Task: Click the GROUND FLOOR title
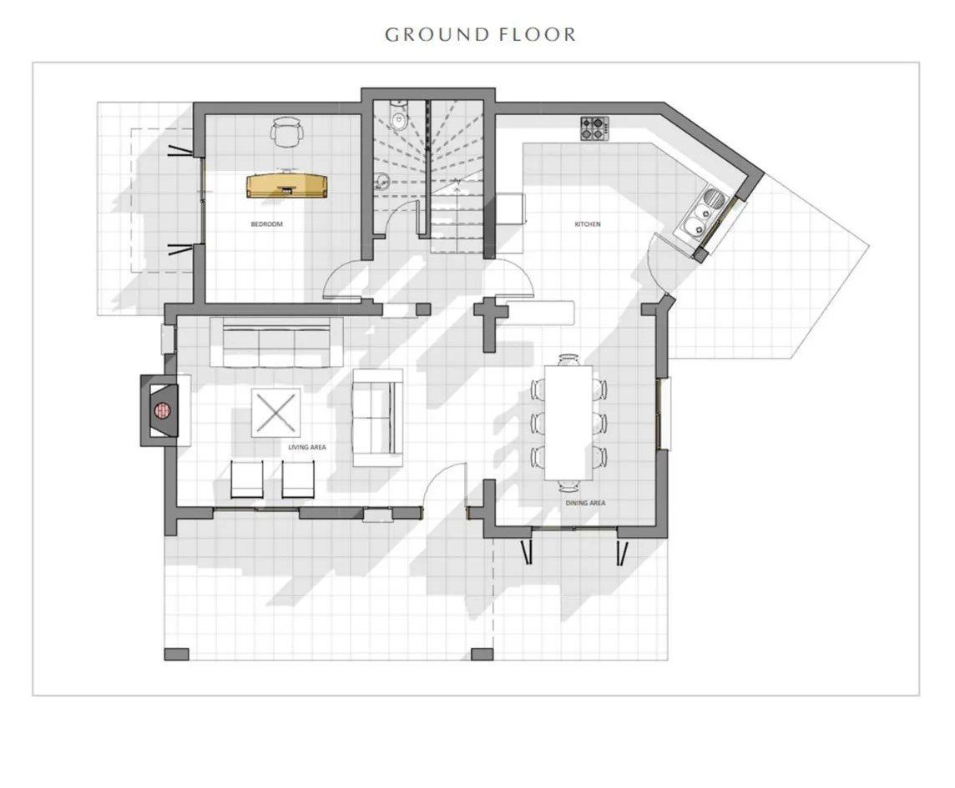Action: coord(480,35)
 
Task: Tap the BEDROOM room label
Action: coord(267,224)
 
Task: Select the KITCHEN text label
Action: coord(588,224)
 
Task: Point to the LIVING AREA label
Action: coord(307,447)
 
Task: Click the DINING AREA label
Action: coord(585,503)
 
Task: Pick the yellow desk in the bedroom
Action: coord(287,186)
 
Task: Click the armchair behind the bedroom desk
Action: coord(287,132)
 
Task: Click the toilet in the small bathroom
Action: coord(398,116)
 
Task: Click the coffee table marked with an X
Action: coord(276,412)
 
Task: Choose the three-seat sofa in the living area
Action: coord(270,342)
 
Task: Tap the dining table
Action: coord(568,423)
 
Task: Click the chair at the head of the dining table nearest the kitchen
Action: coord(568,359)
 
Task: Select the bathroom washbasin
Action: coord(381,181)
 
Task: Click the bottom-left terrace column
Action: coord(176,654)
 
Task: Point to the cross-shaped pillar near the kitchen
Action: coord(490,323)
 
